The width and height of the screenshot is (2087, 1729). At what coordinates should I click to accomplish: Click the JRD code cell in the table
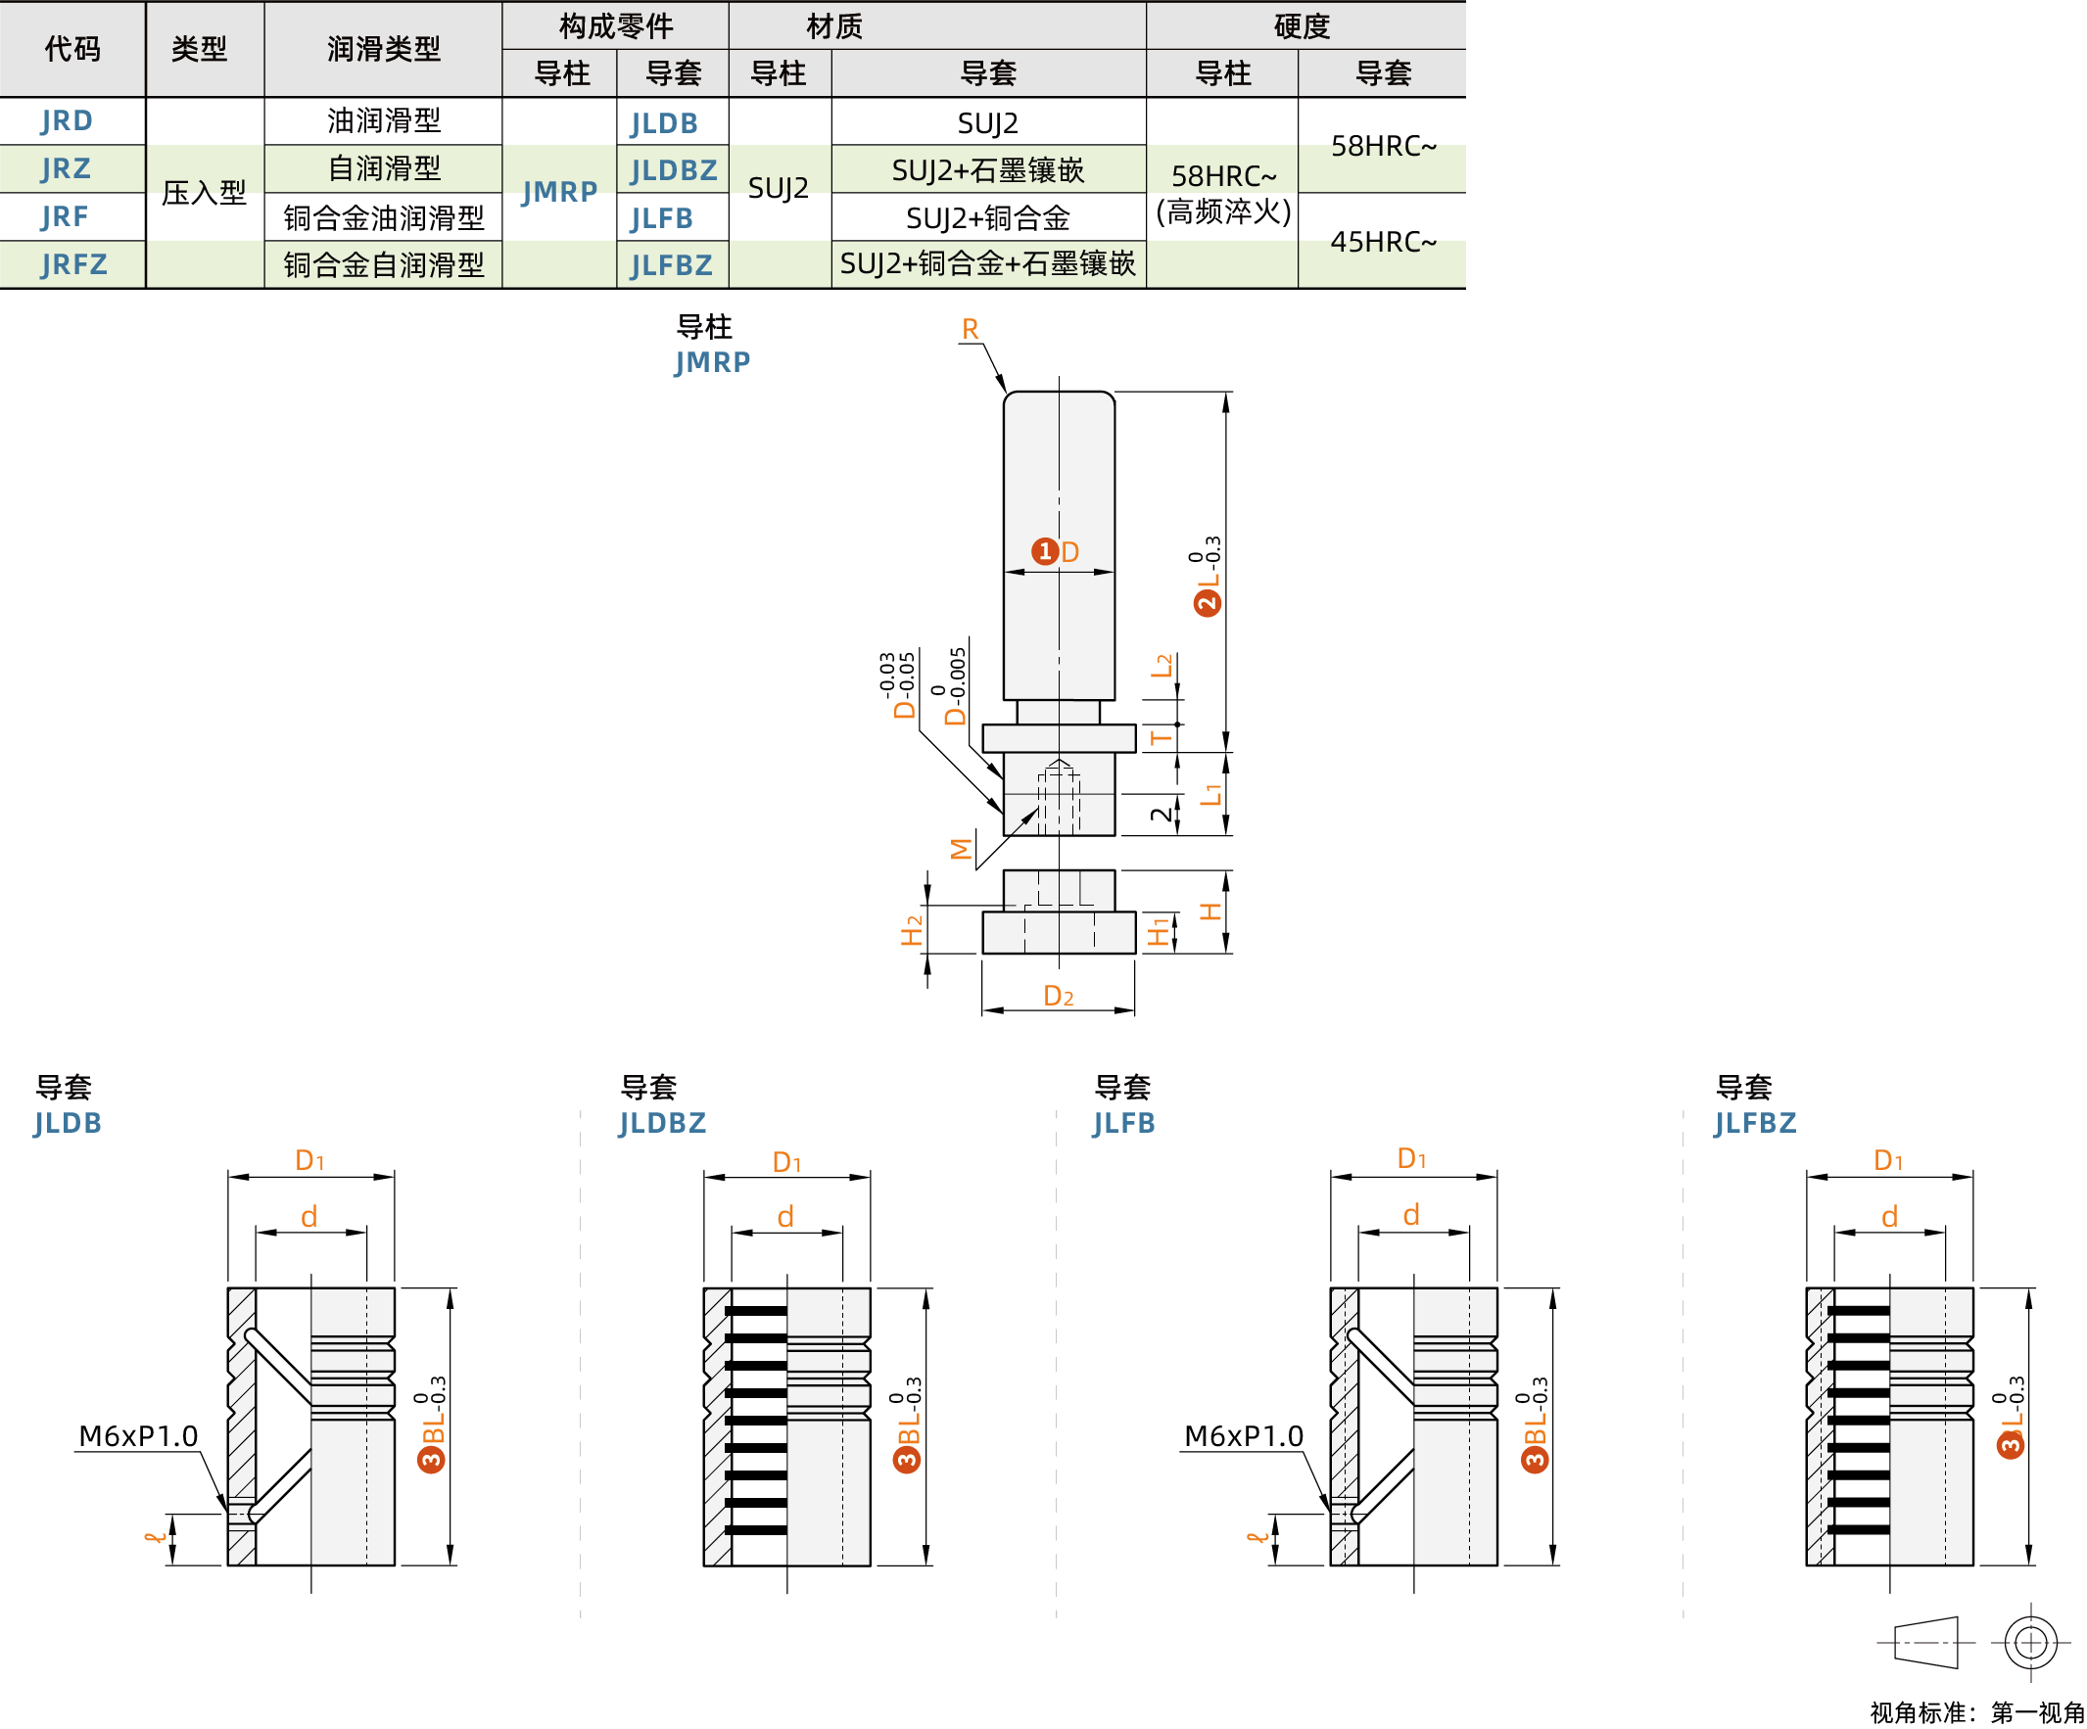pyautogui.click(x=67, y=121)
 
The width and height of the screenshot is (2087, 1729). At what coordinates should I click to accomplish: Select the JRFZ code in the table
pyautogui.click(x=73, y=265)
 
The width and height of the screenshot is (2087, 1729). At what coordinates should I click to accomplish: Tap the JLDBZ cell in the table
pyautogui.click(x=673, y=171)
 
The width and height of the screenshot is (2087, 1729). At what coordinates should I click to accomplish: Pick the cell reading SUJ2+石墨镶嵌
pyautogui.click(x=988, y=171)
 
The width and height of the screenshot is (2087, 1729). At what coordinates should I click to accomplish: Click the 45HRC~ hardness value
pyautogui.click(x=1383, y=242)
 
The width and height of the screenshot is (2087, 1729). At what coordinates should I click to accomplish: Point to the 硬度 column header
pyautogui.click(x=1302, y=25)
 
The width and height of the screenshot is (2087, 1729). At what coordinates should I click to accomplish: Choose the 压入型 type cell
pyautogui.click(x=204, y=193)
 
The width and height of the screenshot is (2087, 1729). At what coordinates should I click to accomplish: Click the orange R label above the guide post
pyautogui.click(x=970, y=329)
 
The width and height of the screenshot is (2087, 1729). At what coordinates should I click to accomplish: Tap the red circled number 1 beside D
pyautogui.click(x=1044, y=551)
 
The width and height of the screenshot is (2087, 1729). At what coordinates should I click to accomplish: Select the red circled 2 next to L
pyautogui.click(x=1207, y=603)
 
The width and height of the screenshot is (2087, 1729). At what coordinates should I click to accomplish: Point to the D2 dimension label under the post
pyautogui.click(x=1059, y=997)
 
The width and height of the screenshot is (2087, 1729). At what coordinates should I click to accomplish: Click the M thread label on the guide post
pyautogui.click(x=960, y=849)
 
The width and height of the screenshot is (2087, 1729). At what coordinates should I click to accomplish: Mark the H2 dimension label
pyautogui.click(x=912, y=931)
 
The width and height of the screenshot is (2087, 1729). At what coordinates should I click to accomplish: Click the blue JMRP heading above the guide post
pyautogui.click(x=712, y=362)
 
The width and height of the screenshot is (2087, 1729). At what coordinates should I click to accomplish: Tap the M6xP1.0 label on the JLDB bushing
pyautogui.click(x=138, y=1437)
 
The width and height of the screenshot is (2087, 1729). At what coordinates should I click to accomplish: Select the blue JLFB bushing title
pyautogui.click(x=1123, y=1124)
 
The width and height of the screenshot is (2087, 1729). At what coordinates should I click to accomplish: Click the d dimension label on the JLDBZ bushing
pyautogui.click(x=785, y=1217)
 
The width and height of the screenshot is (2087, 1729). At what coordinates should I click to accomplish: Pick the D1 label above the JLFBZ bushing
pyautogui.click(x=1887, y=1160)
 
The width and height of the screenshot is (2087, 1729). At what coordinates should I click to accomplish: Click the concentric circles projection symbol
pyautogui.click(x=2029, y=1643)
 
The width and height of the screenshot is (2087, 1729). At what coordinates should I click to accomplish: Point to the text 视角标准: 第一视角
pyautogui.click(x=1975, y=1713)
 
